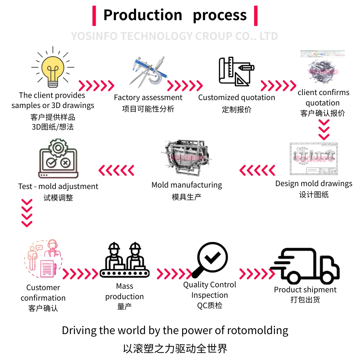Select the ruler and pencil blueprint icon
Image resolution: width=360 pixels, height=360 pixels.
237,71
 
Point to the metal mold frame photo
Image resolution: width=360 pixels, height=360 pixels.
186,158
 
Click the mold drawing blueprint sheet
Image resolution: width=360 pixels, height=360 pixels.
314,159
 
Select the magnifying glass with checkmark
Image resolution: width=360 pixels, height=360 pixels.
210,260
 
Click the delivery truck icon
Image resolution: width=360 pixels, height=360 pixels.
305,266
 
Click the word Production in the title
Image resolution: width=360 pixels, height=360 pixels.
143,15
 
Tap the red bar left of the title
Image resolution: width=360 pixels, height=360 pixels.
94,16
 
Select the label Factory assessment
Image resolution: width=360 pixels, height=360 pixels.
148,98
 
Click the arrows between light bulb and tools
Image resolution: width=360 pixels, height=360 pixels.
96,86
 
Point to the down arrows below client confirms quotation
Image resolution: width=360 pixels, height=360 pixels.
324,130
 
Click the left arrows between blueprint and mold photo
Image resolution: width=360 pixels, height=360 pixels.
257,170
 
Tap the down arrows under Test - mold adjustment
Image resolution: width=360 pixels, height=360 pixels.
27,213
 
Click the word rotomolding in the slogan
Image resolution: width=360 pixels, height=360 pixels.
258,330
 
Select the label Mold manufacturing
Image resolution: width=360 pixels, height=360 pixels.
186,185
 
